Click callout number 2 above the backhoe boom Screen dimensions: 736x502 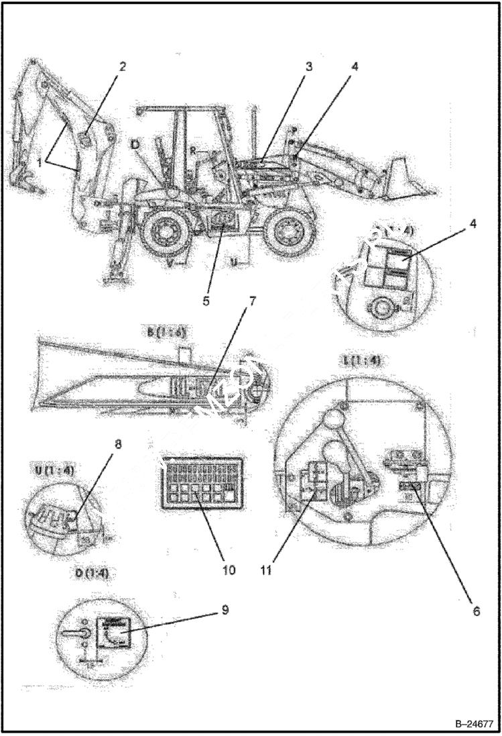click(122, 67)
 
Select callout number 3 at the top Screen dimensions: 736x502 click(308, 67)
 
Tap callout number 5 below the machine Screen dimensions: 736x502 click(206, 301)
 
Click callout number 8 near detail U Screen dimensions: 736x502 click(120, 443)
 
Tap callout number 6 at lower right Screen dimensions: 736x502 click(477, 611)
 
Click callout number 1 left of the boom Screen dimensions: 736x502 click(41, 162)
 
